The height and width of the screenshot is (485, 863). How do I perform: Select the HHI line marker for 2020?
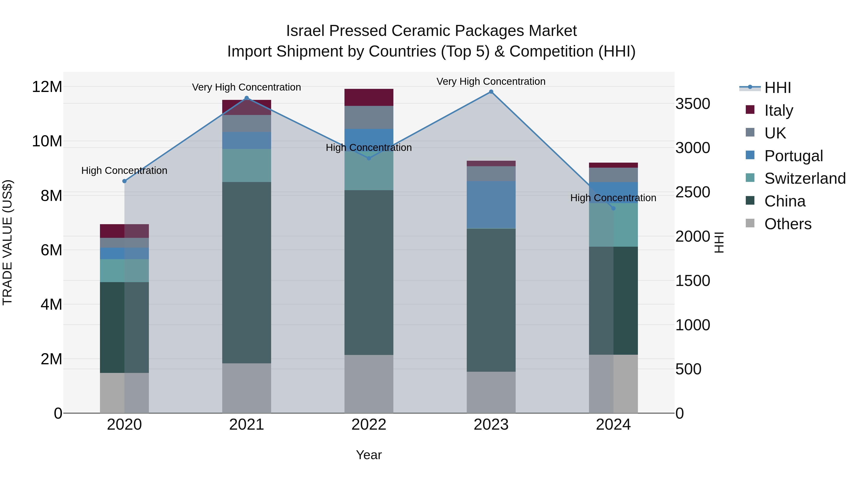[124, 181]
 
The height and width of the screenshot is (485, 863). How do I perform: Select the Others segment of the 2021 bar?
[247, 388]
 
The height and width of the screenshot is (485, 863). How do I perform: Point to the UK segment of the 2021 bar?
[247, 124]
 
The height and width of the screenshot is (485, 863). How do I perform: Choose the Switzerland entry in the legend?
[805, 178]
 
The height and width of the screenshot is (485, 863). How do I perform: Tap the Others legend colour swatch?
[750, 223]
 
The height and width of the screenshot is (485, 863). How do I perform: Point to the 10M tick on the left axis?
[47, 141]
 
